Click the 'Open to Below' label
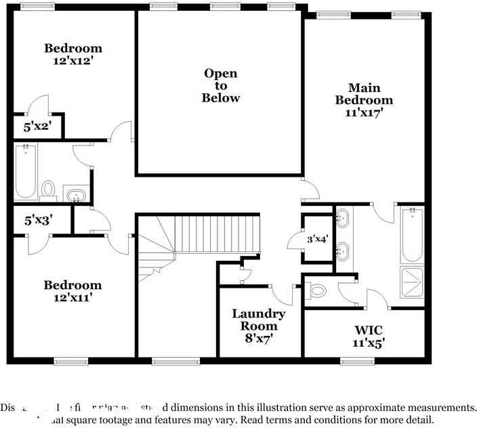[221, 85]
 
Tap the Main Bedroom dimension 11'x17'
[365, 113]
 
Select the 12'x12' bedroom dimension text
[73, 61]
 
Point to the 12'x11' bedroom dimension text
[73, 297]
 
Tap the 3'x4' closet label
[317, 239]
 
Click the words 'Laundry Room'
[258, 320]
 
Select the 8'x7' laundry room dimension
[258, 339]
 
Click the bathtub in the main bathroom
[411, 235]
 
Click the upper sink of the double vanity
[342, 219]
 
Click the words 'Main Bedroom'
[365, 93]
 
